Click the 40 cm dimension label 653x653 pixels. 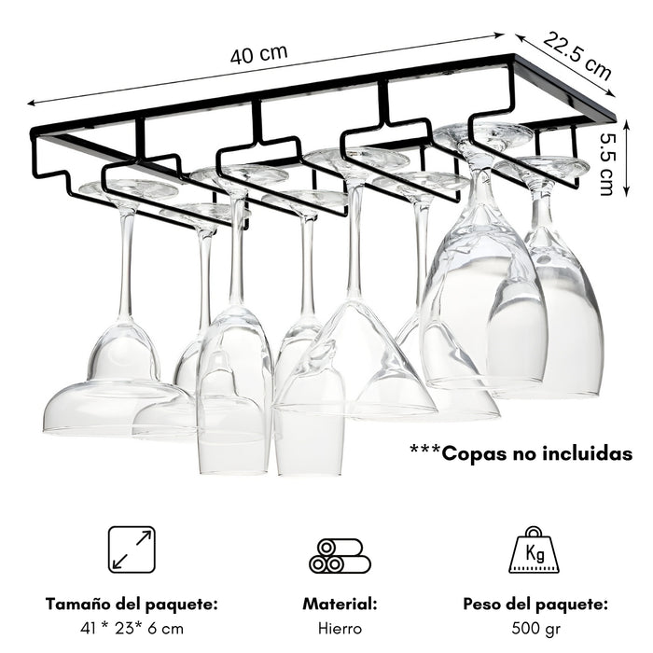pos(258,54)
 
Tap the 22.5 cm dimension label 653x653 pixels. pos(577,55)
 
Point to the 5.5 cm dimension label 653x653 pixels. pos(606,164)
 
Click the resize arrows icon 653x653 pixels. pos(132,549)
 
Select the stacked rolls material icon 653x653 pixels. pos(340,556)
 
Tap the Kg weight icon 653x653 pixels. pos(534,549)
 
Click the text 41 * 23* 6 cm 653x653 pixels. pos(132,628)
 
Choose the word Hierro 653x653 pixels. pos(340,628)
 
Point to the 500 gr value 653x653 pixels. pos(535,629)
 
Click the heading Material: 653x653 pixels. pos(340,604)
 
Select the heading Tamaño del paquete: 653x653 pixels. pos(132,604)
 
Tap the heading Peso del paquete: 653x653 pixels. pos(535,604)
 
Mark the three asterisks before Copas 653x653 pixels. pos(424,450)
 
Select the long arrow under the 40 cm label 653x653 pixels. pos(265,69)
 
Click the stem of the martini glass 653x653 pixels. pos(354,242)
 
